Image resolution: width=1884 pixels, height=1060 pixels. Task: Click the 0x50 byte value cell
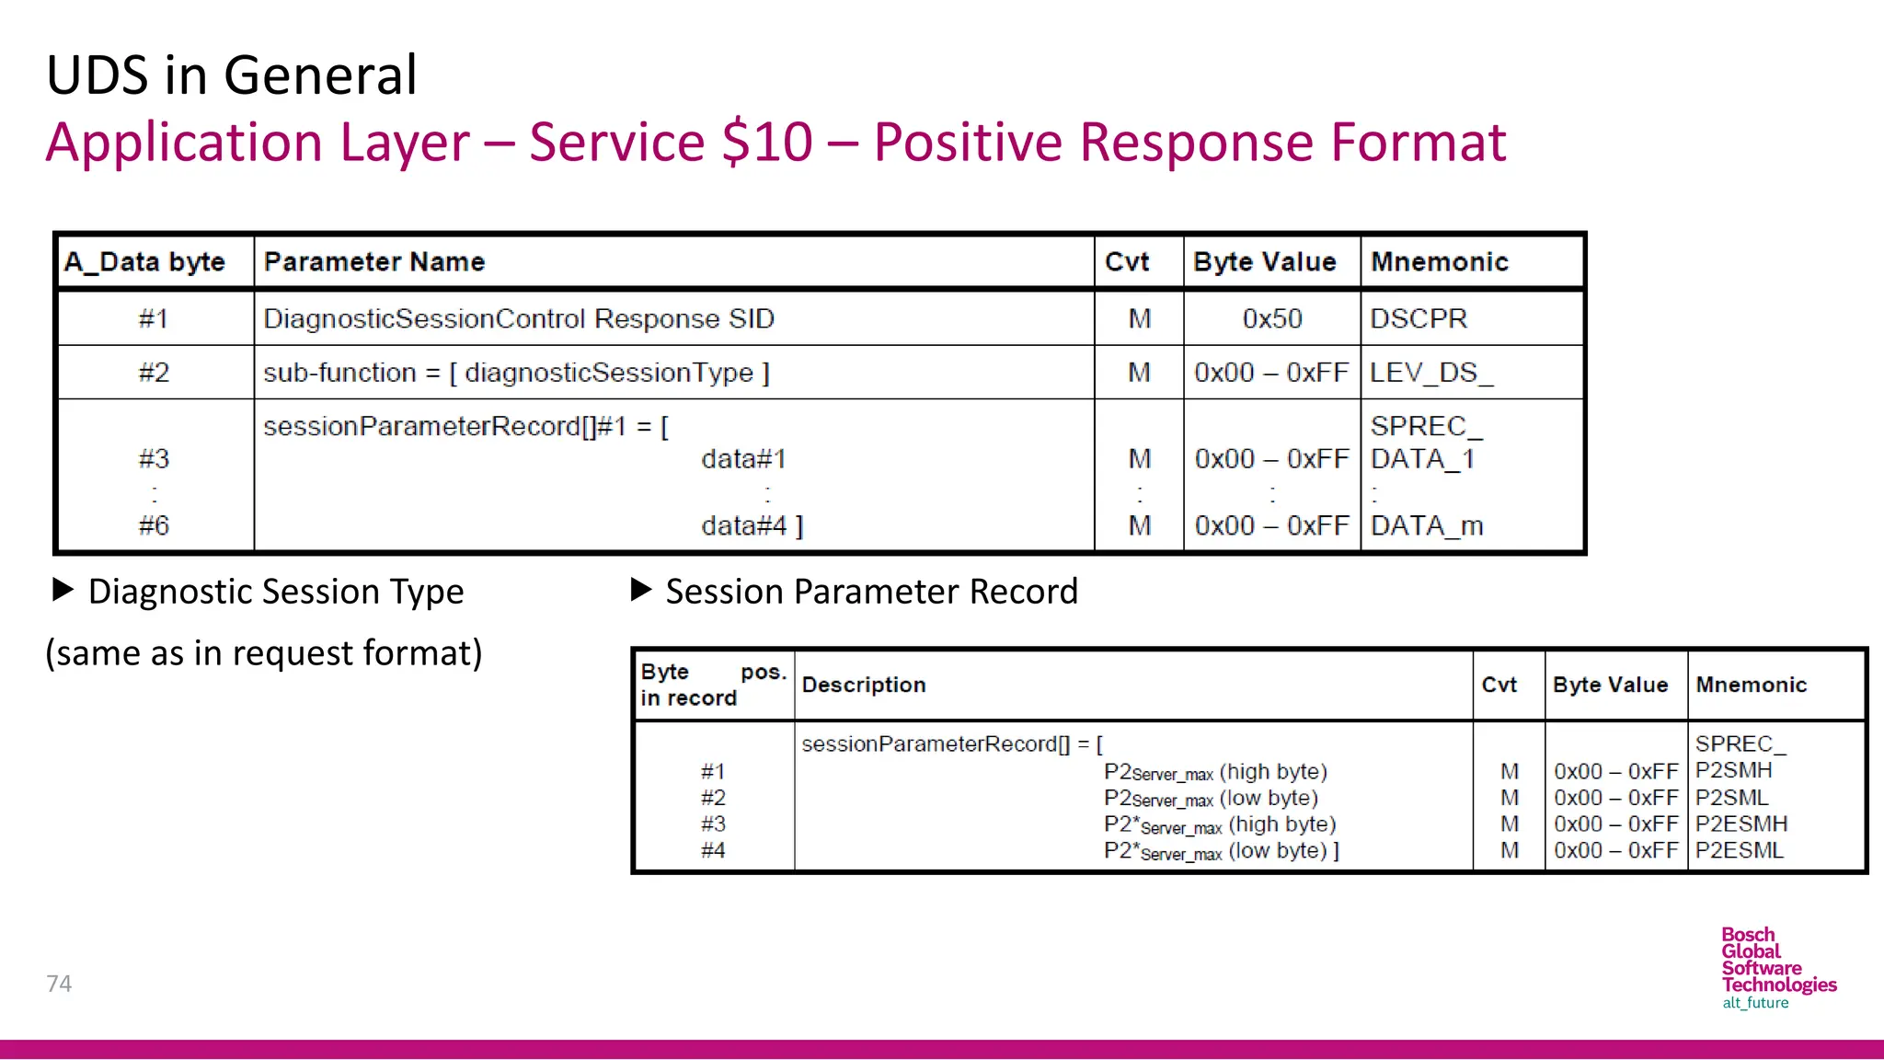[x=1272, y=318]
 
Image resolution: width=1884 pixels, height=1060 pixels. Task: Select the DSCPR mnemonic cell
[x=1419, y=318]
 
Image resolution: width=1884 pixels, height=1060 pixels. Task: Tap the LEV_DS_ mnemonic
[x=1431, y=373]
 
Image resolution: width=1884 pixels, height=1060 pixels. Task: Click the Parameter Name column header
[x=374, y=262]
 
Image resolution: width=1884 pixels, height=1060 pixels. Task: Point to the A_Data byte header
[x=145, y=262]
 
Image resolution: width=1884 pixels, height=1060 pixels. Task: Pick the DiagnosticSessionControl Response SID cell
[x=519, y=318]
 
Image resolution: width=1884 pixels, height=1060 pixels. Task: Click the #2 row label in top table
[x=154, y=373]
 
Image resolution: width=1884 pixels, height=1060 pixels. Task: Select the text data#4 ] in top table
[x=752, y=525]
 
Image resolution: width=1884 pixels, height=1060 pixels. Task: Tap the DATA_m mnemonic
[x=1427, y=525]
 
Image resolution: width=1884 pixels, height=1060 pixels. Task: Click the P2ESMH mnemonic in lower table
[x=1741, y=824]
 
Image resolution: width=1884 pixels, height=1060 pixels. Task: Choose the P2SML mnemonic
[x=1731, y=797]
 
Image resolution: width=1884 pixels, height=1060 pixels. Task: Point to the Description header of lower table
[x=864, y=685]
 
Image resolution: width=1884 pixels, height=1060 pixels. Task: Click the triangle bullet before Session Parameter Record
[x=641, y=590]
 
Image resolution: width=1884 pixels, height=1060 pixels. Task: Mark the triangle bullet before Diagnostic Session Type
[x=63, y=590]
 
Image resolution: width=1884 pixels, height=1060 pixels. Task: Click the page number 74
[x=59, y=984]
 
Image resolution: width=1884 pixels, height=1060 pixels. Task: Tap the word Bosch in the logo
[x=1748, y=935]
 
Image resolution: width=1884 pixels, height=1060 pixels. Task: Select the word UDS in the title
[x=97, y=75]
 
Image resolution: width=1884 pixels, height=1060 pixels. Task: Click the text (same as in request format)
[x=264, y=653]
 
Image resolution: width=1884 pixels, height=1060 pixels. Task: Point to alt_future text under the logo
[x=1755, y=1003]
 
